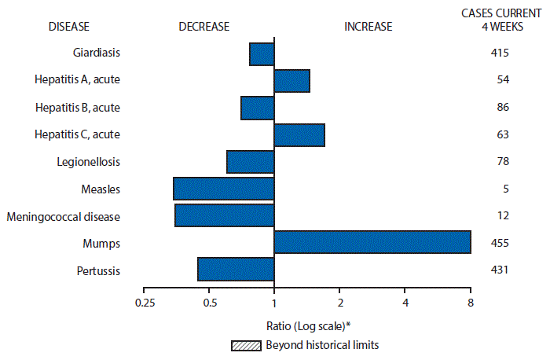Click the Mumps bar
click(x=372, y=242)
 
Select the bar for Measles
click(x=224, y=189)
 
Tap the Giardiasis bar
click(x=262, y=53)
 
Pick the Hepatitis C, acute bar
click(x=299, y=134)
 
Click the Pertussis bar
click(x=236, y=269)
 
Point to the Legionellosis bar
click(x=251, y=162)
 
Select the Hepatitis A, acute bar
click(x=292, y=80)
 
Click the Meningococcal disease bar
click(x=225, y=215)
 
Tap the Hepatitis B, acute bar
click(x=258, y=108)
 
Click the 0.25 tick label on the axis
click(x=144, y=303)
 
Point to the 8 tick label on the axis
click(x=470, y=303)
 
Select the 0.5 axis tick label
click(x=209, y=303)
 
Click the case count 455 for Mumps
click(x=499, y=243)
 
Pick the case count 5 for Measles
click(x=506, y=189)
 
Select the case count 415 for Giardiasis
click(x=499, y=53)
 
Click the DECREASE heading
click(x=203, y=26)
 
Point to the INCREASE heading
click(x=368, y=26)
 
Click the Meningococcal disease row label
click(x=63, y=216)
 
